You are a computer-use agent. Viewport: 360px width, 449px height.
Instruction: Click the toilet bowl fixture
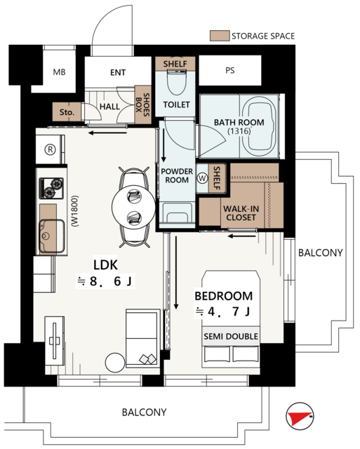pos(176,83)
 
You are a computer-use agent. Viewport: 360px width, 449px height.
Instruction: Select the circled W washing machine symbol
pos(202,178)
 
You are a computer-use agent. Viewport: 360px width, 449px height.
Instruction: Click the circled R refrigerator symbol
pos(50,149)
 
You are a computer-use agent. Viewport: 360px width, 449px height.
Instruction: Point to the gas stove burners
pos(51,188)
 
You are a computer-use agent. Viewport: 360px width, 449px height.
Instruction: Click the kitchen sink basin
pos(52,236)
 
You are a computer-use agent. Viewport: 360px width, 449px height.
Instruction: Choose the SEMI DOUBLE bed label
pos(231,336)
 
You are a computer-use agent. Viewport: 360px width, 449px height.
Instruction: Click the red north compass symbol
pos(300,416)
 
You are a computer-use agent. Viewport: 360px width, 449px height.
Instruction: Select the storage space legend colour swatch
pos(220,36)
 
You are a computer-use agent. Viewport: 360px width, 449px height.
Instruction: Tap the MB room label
pos(59,72)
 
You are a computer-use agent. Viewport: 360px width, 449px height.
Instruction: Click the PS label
pos(230,70)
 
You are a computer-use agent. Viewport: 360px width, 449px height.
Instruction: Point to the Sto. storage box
pos(67,112)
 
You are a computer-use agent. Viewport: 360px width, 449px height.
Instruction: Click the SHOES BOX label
pos(142,105)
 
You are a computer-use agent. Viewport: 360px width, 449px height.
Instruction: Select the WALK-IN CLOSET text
pos(241,213)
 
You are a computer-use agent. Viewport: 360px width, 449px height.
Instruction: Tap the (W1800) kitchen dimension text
pos(75,211)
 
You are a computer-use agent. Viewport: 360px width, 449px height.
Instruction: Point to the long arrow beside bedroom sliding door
pos(176,272)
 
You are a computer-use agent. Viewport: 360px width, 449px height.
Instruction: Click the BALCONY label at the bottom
pos(144,413)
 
